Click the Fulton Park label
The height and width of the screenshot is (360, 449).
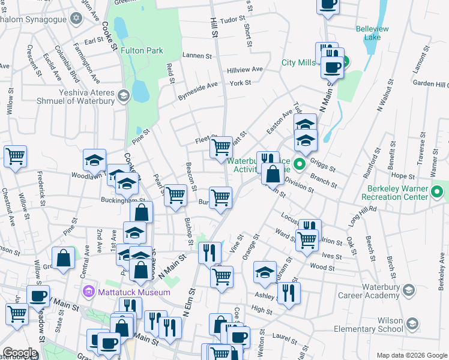pyautogui.click(x=142, y=51)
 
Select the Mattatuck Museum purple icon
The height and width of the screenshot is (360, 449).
pyautogui.click(x=89, y=292)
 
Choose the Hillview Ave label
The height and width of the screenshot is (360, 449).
pyautogui.click(x=245, y=70)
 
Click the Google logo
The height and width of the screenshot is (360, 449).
pyautogui.click(x=20, y=353)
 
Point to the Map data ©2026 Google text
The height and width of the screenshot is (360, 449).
pyautogui.click(x=411, y=355)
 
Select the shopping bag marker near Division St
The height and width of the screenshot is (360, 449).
pyautogui.click(x=273, y=175)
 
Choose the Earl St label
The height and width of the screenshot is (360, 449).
pyautogui.click(x=94, y=41)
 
